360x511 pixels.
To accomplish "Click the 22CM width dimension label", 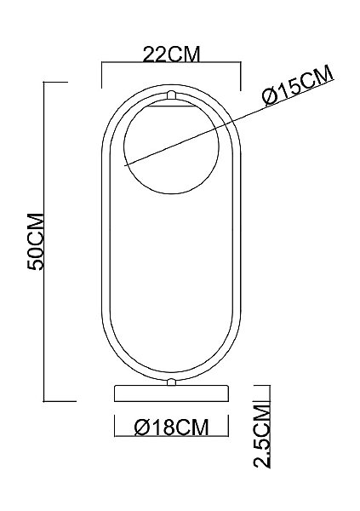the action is click(x=171, y=55).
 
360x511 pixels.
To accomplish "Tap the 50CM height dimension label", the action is click(x=36, y=242).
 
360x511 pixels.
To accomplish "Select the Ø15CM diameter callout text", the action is click(x=298, y=85).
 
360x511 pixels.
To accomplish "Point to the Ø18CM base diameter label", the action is click(x=171, y=428).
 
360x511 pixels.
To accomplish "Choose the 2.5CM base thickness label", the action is click(x=262, y=436).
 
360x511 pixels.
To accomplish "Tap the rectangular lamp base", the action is click(x=171, y=393).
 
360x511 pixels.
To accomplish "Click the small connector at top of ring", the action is click(x=171, y=95).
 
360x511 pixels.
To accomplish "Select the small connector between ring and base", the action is click(x=171, y=382).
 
